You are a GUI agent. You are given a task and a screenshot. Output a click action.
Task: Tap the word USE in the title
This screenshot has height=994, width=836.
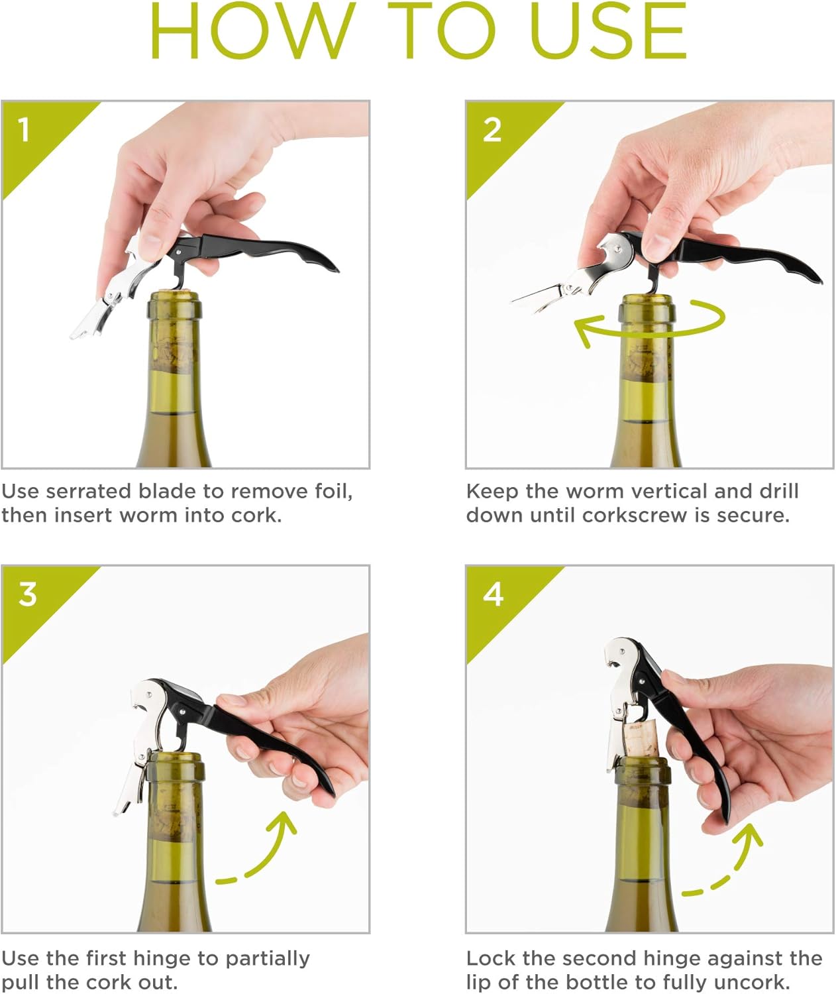coord(607,32)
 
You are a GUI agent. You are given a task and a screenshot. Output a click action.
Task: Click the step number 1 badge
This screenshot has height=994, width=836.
coord(25,129)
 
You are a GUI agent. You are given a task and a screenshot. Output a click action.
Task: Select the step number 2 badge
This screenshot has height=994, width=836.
coord(492,130)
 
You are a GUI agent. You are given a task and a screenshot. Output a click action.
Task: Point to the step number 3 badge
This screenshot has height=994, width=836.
coord(27,594)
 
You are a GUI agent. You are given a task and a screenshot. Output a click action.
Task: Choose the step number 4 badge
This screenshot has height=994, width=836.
coord(493,594)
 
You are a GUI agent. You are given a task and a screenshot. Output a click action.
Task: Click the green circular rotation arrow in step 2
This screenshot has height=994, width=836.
coord(649,319)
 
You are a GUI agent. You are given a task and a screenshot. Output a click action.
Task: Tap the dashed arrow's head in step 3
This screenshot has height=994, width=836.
coord(284,824)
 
